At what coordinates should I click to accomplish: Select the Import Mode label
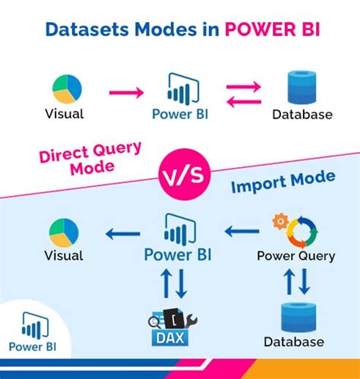coord(282,183)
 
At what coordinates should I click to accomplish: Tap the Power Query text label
coord(295,256)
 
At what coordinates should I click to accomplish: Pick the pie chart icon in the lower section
coord(65,232)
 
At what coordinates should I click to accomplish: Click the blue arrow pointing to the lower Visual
coord(124,234)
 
